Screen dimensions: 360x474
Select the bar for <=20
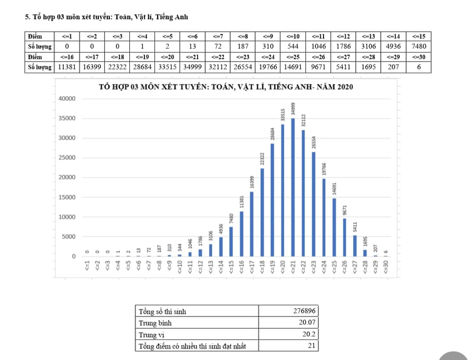pyautogui.click(x=282, y=190)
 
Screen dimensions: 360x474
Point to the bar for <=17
pyautogui.click(x=251, y=224)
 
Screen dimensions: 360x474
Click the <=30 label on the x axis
pyautogui.click(x=386, y=266)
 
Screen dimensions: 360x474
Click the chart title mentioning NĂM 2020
pyautogui.click(x=226, y=87)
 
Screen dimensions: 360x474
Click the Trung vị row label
pyautogui.click(x=151, y=334)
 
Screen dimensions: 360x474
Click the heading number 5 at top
pyautogui.click(x=27, y=17)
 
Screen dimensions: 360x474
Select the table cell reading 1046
pyautogui.click(x=318, y=46)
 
